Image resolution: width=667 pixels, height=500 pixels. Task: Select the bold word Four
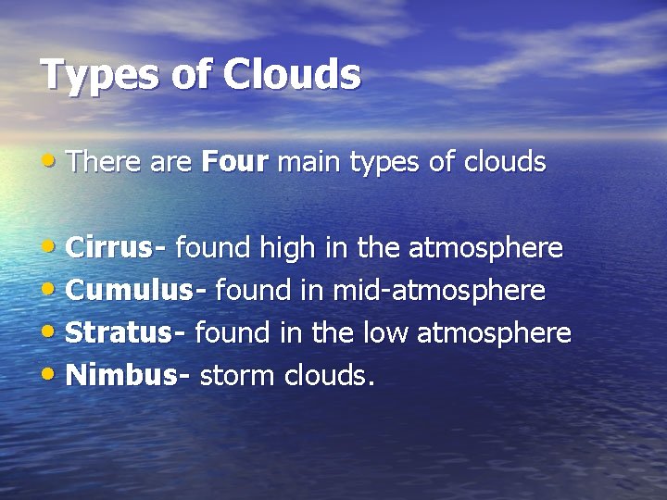pyautogui.click(x=234, y=163)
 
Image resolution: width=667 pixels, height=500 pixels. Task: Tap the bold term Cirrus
pyautogui.click(x=111, y=248)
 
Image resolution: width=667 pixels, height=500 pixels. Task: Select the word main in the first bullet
pyautogui.click(x=308, y=163)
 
